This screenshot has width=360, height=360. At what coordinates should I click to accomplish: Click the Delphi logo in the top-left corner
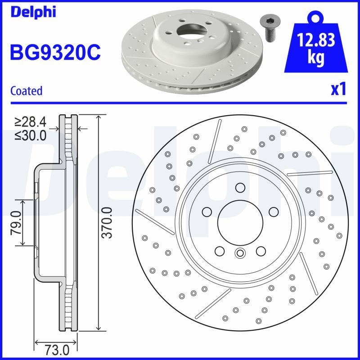coord(32,12)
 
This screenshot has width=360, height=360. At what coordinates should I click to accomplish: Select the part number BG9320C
coord(55,53)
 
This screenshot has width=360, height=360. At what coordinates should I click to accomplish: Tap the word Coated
coord(26,90)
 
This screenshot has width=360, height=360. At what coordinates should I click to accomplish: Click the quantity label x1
coord(338,89)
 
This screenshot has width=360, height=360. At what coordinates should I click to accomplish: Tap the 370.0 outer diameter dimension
coord(107,223)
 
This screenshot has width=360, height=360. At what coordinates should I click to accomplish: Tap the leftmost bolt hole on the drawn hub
coord(207,211)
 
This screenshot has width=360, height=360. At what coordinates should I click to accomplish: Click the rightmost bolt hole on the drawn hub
coord(272,211)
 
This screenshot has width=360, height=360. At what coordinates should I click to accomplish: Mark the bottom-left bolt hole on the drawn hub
coord(220,250)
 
